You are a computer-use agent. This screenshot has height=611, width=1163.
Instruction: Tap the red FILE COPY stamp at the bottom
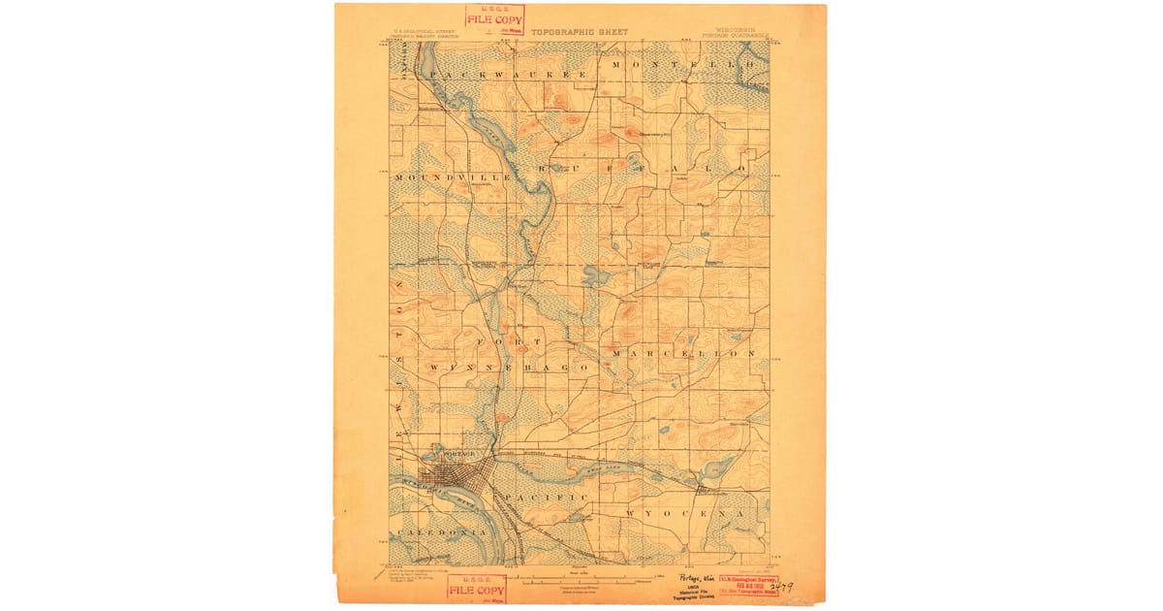tap(477, 589)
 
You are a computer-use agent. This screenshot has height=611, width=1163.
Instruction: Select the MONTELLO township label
tap(681, 64)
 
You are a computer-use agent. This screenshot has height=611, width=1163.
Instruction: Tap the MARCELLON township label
tap(683, 354)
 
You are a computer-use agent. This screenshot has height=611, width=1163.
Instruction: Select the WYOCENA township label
tap(684, 512)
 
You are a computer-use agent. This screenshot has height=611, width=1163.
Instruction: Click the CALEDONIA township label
tap(440, 533)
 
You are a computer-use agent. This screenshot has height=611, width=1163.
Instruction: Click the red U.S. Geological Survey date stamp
tap(748, 584)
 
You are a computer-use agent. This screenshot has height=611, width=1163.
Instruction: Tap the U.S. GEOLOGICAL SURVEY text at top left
tap(419, 32)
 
